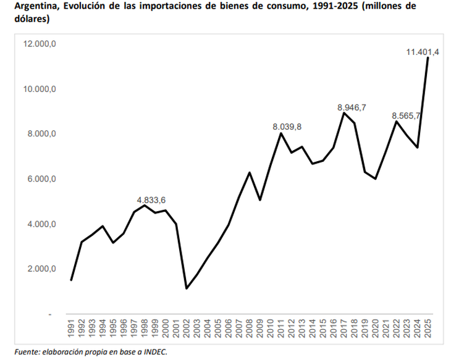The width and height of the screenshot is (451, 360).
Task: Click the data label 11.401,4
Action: (423, 52)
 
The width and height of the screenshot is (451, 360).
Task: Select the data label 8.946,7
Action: (352, 107)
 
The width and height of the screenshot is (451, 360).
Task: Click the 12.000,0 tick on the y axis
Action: (40, 44)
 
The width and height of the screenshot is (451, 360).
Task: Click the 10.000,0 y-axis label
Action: (40, 89)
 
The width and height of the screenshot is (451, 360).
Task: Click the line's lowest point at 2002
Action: (187, 288)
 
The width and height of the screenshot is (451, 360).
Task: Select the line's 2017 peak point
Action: (344, 113)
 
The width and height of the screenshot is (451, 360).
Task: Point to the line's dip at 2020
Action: (376, 178)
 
